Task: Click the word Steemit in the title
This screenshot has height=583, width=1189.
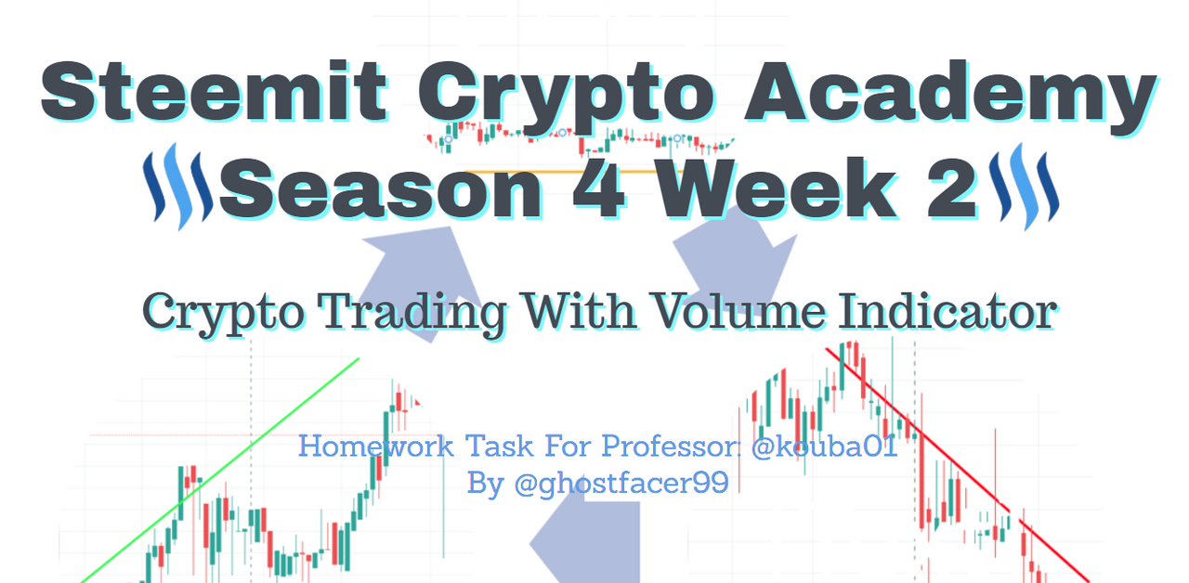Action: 214,91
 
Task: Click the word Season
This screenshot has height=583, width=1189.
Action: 382,189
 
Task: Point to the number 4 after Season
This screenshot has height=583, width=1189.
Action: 599,188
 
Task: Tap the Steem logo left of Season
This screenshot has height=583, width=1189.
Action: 178,187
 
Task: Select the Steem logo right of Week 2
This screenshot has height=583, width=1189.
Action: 1025,187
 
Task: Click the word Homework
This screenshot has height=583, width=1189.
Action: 376,446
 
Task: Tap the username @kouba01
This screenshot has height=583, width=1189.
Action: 824,446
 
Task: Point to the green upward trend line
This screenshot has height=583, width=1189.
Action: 220,471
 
